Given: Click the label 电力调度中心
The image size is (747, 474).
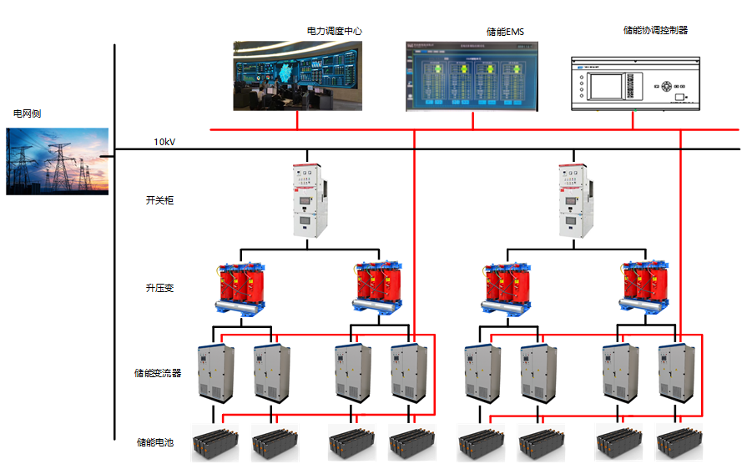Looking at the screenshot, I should click(x=334, y=31).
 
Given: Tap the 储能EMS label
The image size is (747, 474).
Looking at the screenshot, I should click(x=505, y=32).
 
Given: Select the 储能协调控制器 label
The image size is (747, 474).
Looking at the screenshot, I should click(x=655, y=30).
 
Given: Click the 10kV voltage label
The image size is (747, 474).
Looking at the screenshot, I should click(x=164, y=142).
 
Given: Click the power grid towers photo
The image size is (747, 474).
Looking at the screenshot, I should click(x=57, y=161).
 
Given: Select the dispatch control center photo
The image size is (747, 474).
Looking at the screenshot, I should click(x=298, y=77).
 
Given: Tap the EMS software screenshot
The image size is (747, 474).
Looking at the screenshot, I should click(x=472, y=76).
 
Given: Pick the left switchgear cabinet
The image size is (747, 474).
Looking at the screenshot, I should click(x=307, y=200).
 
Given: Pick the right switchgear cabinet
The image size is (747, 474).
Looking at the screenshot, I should click(x=573, y=200).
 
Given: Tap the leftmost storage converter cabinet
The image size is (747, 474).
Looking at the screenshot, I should click(x=215, y=372).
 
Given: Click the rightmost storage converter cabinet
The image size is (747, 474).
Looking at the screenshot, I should click(x=677, y=372).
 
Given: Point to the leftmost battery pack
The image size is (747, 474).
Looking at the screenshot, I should click(x=215, y=443).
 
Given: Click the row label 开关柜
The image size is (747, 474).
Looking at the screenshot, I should click(x=159, y=200).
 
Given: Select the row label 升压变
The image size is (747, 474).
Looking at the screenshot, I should click(x=159, y=288).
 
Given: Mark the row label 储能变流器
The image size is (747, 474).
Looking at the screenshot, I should click(x=158, y=373).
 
